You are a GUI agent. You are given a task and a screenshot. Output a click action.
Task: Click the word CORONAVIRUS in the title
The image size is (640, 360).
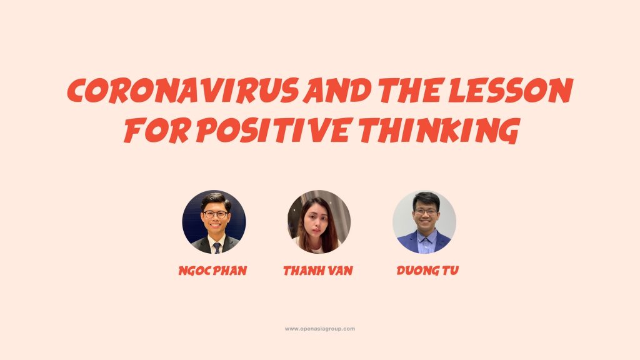point(182,90)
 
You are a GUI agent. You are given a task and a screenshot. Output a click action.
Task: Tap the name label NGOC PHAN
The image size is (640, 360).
point(212,271)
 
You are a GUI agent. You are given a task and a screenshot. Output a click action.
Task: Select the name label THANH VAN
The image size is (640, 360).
point(318,271)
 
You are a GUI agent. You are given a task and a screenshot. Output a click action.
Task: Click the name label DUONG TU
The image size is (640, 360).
point(427,270)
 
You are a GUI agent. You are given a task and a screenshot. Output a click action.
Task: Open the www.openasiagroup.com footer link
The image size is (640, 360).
point(319,329)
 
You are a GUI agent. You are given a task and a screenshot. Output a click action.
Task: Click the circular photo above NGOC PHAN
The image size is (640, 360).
point(214,222)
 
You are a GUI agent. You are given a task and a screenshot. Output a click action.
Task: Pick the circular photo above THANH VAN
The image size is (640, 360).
point(319,222)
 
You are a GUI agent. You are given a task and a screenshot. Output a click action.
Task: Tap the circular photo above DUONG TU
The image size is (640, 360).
point(424,222)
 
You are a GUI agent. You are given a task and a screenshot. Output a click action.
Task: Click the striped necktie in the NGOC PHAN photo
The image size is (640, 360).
point(217,247)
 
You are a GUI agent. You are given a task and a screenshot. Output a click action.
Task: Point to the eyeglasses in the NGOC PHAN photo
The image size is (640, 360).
point(215,214)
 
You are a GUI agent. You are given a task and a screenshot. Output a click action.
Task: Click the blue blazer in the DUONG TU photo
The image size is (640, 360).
point(424,242)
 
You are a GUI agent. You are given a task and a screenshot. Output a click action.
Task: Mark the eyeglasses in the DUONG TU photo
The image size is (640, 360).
point(426,212)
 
